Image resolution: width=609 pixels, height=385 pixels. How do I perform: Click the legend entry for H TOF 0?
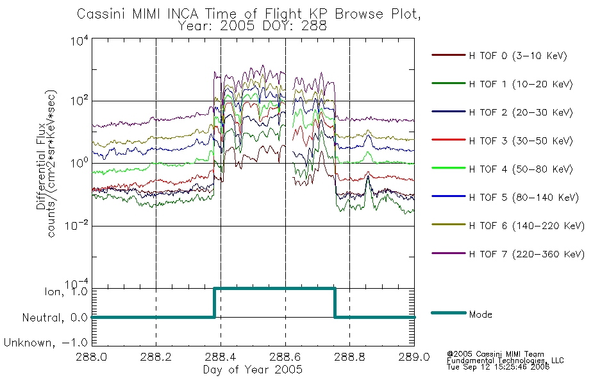point(499,56)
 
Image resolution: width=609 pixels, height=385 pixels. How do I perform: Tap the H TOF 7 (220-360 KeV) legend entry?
point(508,254)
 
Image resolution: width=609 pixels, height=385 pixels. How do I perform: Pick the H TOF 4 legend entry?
point(502,169)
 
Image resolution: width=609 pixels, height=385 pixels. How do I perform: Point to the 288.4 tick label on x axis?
point(221,357)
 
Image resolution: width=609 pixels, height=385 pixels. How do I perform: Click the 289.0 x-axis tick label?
point(414,357)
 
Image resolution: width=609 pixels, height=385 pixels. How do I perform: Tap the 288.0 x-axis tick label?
point(92,357)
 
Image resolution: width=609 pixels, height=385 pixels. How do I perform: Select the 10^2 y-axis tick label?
point(79,100)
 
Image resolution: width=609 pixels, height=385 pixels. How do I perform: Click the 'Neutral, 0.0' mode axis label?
point(54,318)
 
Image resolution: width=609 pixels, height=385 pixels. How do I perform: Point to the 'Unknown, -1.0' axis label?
point(46,343)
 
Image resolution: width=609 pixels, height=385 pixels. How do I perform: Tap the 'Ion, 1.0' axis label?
point(66,291)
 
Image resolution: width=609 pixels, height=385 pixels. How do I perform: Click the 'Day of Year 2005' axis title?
point(253,370)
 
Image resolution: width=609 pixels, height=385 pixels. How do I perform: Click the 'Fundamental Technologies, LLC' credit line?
point(505,361)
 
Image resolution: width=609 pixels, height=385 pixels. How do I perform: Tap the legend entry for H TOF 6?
point(508,226)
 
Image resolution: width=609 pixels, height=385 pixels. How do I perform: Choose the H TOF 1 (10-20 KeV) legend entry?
point(502,84)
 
